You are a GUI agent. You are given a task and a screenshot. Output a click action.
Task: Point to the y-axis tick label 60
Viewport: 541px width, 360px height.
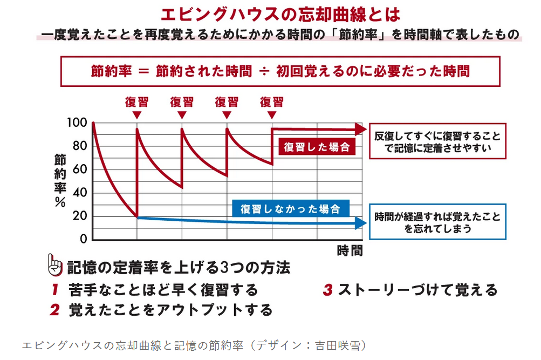(79, 169)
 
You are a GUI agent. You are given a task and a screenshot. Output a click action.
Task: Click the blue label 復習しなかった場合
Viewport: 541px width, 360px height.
(290, 208)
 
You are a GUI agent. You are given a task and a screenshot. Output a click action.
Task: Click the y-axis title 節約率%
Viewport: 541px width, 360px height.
(59, 181)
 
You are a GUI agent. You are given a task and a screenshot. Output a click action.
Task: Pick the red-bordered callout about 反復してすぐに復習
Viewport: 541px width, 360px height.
(437, 142)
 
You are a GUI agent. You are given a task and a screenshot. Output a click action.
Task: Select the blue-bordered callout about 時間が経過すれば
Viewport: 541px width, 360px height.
(437, 222)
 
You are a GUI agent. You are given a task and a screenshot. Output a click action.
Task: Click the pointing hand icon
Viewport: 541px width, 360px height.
(56, 266)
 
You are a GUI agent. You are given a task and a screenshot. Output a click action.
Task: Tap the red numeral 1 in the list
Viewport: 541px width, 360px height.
(54, 290)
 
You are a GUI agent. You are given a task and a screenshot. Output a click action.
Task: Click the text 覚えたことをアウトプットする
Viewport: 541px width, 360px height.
(170, 310)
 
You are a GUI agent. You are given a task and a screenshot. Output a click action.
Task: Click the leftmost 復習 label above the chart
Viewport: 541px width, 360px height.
(136, 101)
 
